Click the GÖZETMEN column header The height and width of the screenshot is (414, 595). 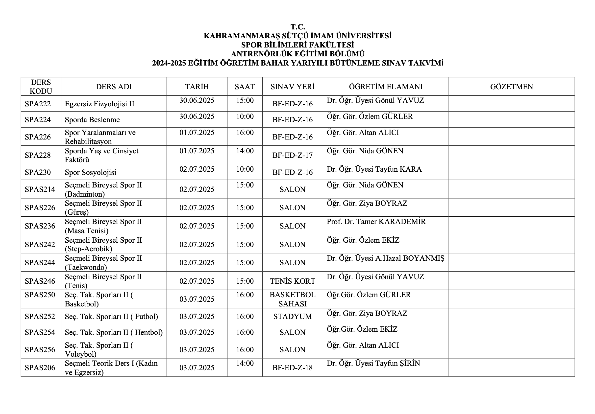pos(511,87)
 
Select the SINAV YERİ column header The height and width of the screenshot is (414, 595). pos(292,87)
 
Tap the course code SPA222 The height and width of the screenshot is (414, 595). pos(38,104)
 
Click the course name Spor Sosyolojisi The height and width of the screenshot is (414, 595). pos(90,172)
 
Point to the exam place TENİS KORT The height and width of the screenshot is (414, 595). pos(292,281)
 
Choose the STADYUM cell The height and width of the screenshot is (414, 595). pos(292,316)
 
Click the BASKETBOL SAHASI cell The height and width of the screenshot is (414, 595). pos(292,299)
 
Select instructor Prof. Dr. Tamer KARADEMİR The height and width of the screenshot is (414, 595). pos(376,222)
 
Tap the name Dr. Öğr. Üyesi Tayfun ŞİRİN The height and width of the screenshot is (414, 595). pos(373,363)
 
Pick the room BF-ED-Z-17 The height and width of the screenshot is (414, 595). pos(292,155)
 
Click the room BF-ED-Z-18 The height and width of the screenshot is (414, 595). pos(292,368)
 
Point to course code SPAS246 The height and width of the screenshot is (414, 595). pos(40,281)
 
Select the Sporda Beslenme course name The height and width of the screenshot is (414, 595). pos(92,120)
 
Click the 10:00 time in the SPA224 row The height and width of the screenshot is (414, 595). pos(245,116)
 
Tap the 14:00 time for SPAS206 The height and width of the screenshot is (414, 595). pos(245,363)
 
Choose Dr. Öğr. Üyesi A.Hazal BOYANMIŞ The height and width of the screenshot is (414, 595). pos(385,258)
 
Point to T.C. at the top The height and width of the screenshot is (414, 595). pos(297,27)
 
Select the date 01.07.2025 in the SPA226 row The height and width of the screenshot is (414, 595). pos(197,133)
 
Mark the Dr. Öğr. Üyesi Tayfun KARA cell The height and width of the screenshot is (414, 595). pos(374,169)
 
